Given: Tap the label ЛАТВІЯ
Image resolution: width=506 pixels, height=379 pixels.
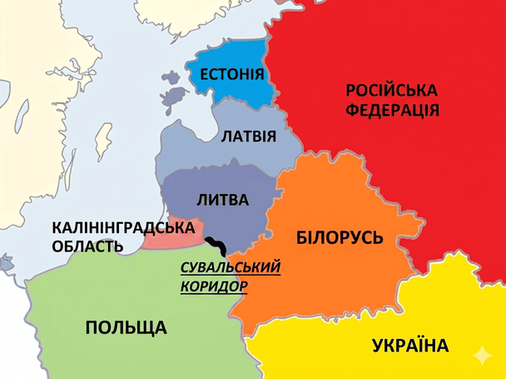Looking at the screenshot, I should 248,136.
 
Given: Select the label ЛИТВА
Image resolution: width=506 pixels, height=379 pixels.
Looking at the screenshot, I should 222,200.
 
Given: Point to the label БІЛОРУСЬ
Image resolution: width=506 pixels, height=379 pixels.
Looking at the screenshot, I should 340,237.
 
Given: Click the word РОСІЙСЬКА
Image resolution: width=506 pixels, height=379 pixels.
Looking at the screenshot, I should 391,90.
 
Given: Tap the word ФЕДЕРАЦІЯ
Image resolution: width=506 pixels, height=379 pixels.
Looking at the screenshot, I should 391,111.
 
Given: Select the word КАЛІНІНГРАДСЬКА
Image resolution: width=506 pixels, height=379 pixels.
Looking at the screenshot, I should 123,227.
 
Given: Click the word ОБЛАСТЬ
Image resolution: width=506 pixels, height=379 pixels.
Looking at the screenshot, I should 87,247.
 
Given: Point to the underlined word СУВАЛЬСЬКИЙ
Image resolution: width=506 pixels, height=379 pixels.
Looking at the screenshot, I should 231,267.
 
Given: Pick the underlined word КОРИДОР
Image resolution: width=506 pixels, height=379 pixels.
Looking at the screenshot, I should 214,286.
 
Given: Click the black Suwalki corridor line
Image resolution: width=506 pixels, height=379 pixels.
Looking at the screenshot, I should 217,245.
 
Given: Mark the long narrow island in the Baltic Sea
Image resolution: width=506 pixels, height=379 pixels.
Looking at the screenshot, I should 104,142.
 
